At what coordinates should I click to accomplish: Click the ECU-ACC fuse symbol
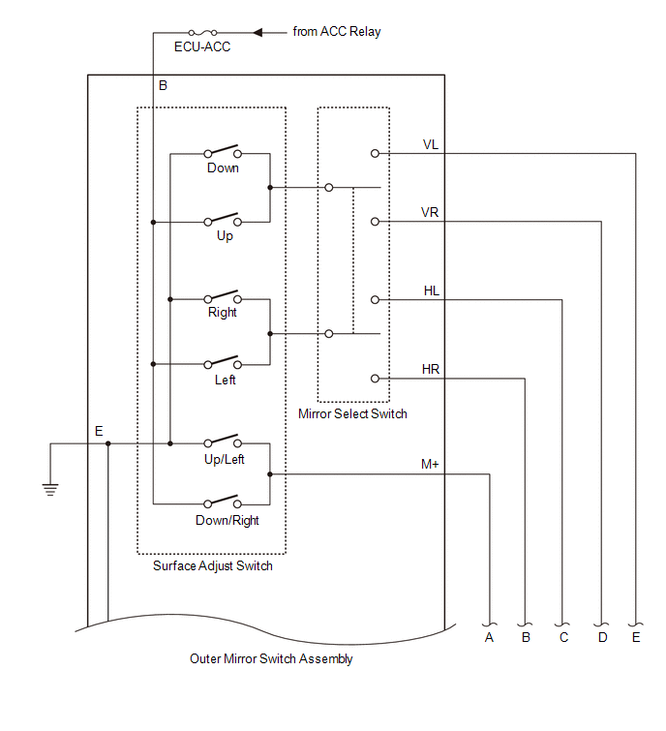click(x=202, y=32)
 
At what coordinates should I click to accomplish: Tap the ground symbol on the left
click(x=50, y=486)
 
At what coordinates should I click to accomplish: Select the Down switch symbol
click(x=223, y=152)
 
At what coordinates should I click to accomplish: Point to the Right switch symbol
click(x=223, y=297)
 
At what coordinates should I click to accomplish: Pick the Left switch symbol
click(x=223, y=364)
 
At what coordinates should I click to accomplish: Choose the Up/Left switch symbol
click(x=223, y=443)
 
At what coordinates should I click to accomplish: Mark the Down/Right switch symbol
click(x=223, y=503)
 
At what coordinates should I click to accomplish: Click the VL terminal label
click(x=431, y=144)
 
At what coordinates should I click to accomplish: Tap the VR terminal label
click(x=432, y=212)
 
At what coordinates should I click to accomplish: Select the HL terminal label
click(x=432, y=290)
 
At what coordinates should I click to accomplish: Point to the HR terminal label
click(x=432, y=369)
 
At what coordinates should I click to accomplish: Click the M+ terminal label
click(x=431, y=465)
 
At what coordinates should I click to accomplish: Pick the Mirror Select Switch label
click(x=353, y=413)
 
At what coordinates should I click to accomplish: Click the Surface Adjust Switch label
click(x=213, y=565)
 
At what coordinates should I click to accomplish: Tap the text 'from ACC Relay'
click(x=337, y=32)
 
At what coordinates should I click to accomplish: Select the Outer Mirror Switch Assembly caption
click(x=271, y=658)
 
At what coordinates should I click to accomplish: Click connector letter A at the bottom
click(x=489, y=638)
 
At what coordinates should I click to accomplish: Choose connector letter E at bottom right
click(x=636, y=638)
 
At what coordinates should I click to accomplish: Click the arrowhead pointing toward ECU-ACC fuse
click(x=257, y=32)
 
